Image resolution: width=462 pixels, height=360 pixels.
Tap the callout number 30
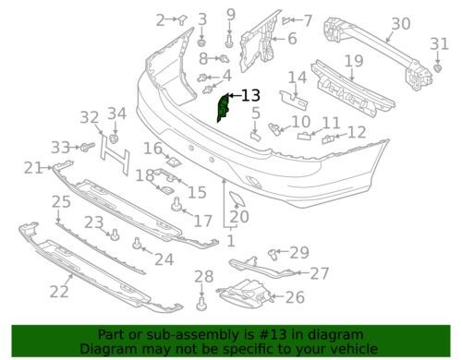400,25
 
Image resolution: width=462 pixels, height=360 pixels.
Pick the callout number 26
295,296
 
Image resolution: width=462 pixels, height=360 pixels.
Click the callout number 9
230,14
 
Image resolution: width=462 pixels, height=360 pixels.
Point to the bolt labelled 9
229,40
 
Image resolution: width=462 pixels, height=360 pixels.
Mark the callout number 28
203,276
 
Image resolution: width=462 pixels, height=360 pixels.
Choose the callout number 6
291,39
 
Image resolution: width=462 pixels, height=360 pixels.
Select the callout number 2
161,19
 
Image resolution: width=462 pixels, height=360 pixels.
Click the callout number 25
60,201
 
